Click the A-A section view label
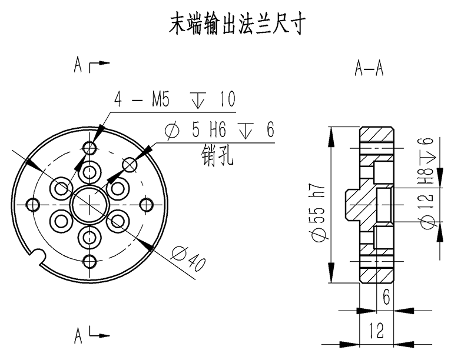pyautogui.click(x=369, y=69)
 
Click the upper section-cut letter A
pyautogui.click(x=78, y=65)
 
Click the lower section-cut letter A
pyautogui.click(x=78, y=336)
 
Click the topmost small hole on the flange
pyautogui.click(x=90, y=146)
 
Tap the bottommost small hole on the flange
pyautogui.click(x=90, y=261)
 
